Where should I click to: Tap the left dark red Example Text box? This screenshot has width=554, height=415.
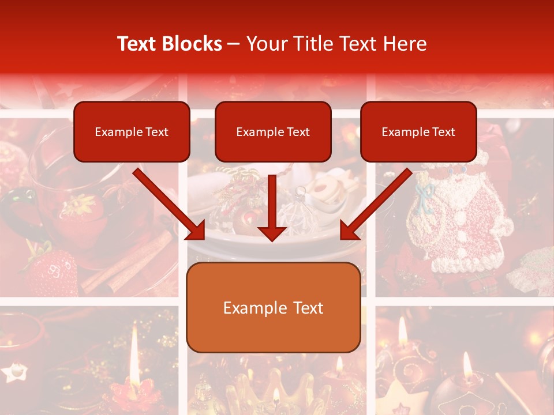tap(132, 131)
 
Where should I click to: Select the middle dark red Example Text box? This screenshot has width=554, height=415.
tap(273, 131)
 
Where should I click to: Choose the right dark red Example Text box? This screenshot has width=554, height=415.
tap(418, 131)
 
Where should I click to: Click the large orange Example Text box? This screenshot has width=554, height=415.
tap(274, 307)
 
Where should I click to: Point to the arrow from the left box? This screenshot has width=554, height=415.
tap(170, 205)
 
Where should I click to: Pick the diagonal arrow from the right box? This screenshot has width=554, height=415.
tap(375, 205)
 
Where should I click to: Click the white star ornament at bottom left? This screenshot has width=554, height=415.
tap(14, 371)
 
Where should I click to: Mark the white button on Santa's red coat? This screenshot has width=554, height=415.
tap(460, 218)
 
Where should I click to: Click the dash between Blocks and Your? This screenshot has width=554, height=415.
tap(234, 44)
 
